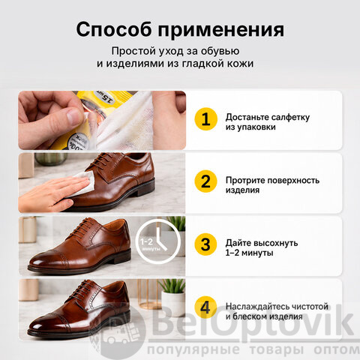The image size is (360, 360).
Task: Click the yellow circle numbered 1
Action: coord(205,119)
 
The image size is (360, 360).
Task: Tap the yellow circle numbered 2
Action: coord(205,181)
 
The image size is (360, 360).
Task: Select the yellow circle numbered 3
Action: coord(205,244)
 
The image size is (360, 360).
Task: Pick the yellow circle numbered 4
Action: coord(205,307)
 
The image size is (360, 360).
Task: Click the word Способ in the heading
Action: coord(114,30)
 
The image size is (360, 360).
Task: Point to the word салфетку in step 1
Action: coord(290,117)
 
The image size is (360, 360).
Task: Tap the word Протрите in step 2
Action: coord(243,180)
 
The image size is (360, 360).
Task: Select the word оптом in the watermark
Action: coord(337,349)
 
